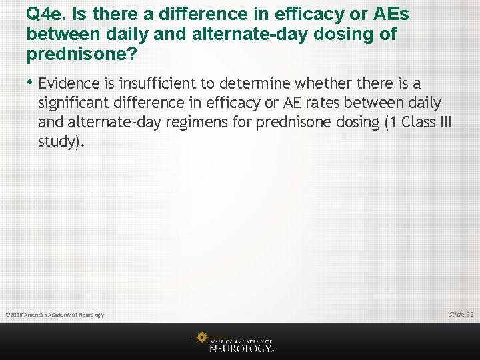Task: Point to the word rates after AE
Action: click(x=351, y=103)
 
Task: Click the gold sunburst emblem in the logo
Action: click(x=200, y=339)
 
